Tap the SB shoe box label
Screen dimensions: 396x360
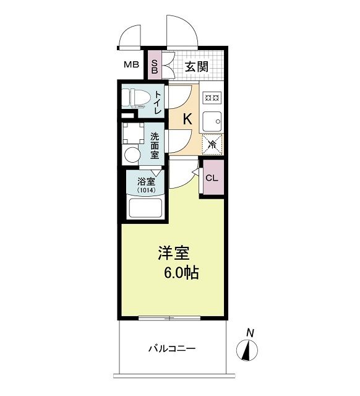[x=155, y=66]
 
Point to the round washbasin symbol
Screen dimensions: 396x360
[x=132, y=154]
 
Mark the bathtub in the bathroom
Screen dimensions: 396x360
[x=145, y=209]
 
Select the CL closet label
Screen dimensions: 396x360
[x=212, y=178]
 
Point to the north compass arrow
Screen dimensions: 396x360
[x=249, y=351]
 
